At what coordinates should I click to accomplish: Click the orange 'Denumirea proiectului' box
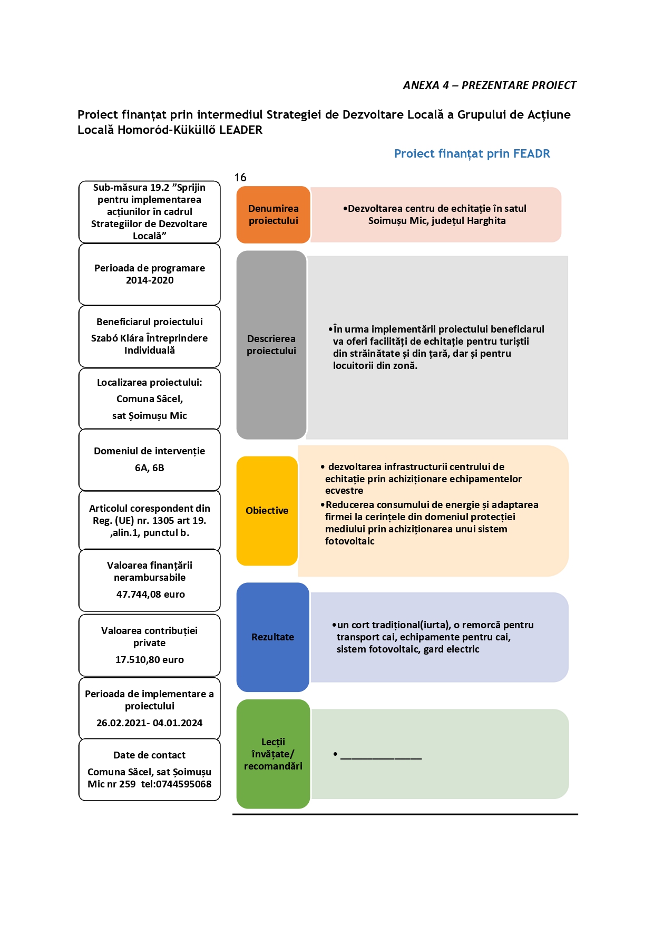coord(273,215)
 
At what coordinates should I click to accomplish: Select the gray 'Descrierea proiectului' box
coord(271,345)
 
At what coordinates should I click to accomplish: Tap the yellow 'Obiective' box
coord(267,511)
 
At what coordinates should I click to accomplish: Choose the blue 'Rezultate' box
coord(272,637)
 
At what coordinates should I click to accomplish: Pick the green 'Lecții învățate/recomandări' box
coord(273,754)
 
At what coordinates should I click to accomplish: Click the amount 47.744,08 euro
coord(150,595)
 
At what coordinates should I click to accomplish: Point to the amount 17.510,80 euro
coord(150,660)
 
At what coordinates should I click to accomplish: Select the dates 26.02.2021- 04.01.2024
coord(150,723)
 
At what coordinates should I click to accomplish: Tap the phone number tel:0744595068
coord(176,784)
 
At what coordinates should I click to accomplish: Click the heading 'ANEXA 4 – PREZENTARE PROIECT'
coord(490,85)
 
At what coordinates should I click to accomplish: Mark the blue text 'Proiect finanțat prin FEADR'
coord(472,154)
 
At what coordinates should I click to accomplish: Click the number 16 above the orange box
coord(240,178)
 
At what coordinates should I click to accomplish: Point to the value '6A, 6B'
coord(150,468)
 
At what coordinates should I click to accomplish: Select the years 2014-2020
coord(150,280)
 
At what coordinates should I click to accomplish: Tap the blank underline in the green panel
coord(381,758)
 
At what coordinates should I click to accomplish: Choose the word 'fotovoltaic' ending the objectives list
coord(350,541)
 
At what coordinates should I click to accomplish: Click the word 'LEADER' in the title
coord(241,130)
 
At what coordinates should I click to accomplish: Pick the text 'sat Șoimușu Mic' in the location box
coord(150,416)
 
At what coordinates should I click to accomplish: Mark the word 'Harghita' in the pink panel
coord(486,221)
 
